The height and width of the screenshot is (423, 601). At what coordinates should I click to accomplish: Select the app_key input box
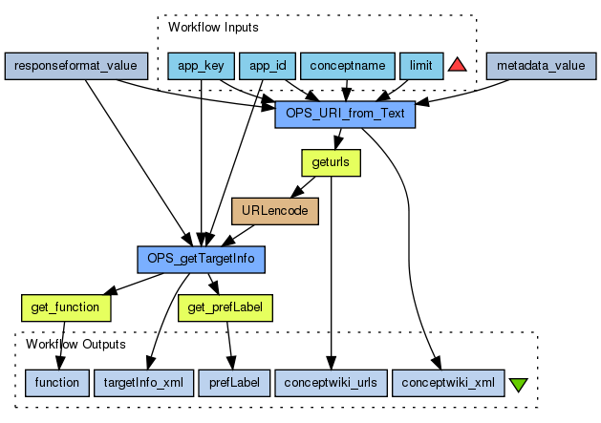coord(200,66)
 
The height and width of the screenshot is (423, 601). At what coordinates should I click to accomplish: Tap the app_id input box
coord(267,66)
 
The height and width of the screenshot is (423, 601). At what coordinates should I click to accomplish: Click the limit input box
coord(420,66)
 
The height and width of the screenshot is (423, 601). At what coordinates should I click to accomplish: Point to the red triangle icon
coord(457,65)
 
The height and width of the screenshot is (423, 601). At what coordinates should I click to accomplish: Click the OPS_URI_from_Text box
coord(345,115)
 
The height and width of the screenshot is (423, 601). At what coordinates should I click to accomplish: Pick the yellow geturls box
coord(331,163)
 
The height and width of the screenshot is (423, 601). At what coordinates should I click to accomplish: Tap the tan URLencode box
coord(275,211)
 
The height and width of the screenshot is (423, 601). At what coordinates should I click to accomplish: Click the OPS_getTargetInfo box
coord(200,259)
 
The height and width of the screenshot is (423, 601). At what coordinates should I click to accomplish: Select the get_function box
coord(66,307)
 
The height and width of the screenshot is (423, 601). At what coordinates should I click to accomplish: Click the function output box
coord(56,382)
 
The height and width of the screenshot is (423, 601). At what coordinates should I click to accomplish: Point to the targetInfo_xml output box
coord(144,382)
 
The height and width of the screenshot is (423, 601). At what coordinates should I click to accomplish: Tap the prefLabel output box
coord(232,382)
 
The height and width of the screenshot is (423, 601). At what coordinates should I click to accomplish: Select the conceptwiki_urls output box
coord(331,382)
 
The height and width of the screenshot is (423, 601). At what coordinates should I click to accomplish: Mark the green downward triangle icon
coord(519,385)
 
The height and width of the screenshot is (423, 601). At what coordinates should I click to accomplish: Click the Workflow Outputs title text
coord(75,344)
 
